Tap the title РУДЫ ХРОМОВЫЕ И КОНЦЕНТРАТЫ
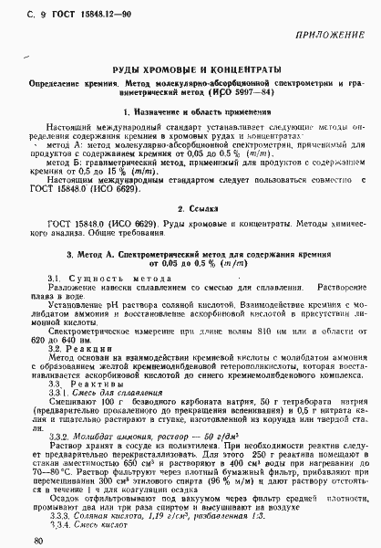pyautogui.click(x=190, y=70)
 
